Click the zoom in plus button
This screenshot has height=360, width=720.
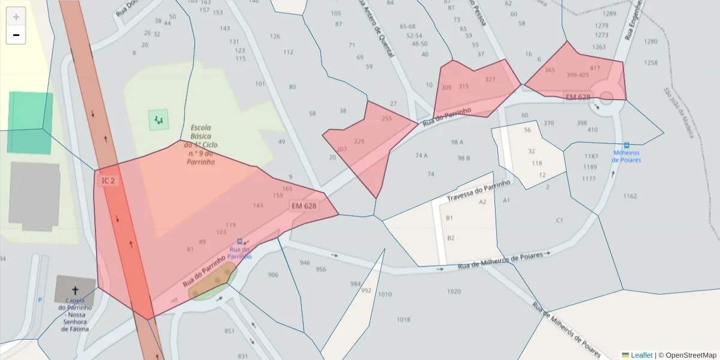pyautogui.click(x=16, y=17)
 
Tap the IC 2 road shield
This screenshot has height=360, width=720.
pyautogui.click(x=108, y=181)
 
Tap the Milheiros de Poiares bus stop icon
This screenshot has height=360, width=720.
pyautogui.click(x=626, y=145)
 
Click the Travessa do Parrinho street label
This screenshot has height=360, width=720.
pyautogui.click(x=479, y=190)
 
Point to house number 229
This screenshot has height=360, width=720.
pyautogui.click(x=359, y=142)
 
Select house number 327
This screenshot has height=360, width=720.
pyautogui.click(x=490, y=80)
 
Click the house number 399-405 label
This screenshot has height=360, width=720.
pyautogui.click(x=577, y=75)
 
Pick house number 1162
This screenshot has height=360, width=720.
pyautogui.click(x=630, y=196)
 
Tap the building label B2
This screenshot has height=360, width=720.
pyautogui.click(x=451, y=238)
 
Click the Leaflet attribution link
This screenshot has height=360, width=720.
pyautogui.click(x=641, y=355)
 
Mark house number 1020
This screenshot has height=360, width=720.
pyautogui.click(x=454, y=292)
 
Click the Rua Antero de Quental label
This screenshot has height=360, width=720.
pyautogui.click(x=376, y=30)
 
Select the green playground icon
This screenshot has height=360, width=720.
pyautogui.click(x=158, y=120)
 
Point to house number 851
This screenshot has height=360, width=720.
pyautogui.click(x=229, y=331)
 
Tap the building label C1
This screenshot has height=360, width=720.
pyautogui.click(x=559, y=220)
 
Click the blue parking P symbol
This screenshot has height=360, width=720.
pyautogui.click(x=40, y=299)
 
